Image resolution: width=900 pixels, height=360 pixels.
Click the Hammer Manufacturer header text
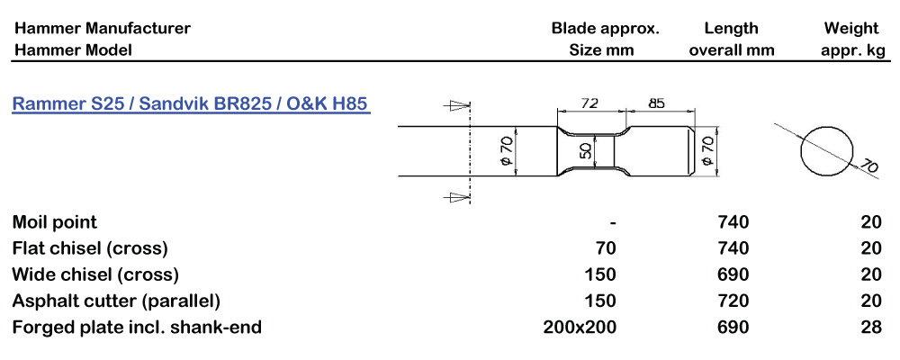(102, 28)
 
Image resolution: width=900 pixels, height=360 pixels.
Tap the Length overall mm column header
(731, 39)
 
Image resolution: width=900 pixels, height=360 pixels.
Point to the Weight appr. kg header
(851, 39)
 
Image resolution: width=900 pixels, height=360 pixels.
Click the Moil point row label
(55, 221)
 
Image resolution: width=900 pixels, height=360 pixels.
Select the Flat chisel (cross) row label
(90, 247)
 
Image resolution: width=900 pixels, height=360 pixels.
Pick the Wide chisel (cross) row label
(95, 274)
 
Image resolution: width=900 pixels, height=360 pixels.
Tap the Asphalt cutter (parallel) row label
(116, 301)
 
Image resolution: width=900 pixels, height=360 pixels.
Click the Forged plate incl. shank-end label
(137, 327)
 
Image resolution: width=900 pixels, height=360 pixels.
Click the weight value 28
(870, 327)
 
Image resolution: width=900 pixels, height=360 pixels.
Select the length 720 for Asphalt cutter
(731, 301)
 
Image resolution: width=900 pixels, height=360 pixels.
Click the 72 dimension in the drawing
(589, 103)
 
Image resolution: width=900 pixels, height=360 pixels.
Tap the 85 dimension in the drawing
(657, 103)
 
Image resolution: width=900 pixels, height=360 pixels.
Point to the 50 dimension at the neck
(586, 150)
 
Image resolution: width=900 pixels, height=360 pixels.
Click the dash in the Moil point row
(612, 221)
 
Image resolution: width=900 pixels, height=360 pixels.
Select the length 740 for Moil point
(731, 221)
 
